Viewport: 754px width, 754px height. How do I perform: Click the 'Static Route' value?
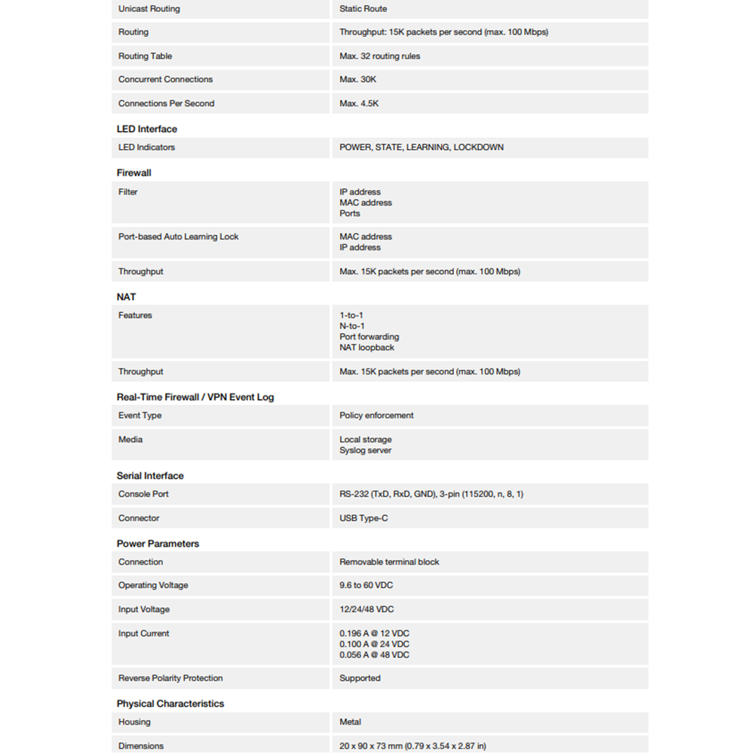pos(363,9)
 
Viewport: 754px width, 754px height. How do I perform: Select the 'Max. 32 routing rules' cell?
pos(379,56)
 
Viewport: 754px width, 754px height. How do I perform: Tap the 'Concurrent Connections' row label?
pos(165,79)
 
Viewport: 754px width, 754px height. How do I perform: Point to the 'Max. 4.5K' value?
pos(359,103)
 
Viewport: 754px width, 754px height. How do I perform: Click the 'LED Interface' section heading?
pos(147,129)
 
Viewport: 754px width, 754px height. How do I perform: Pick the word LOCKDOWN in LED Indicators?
pos(478,147)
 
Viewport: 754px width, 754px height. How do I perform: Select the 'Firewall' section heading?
pos(134,173)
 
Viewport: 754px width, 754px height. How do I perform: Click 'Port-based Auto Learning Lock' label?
pos(178,237)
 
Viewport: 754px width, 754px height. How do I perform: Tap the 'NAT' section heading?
pos(127,297)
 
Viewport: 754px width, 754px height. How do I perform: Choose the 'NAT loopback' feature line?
pos(366,348)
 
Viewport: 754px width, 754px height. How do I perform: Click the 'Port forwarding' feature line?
pos(369,337)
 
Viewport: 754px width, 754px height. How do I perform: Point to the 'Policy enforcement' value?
pos(376,415)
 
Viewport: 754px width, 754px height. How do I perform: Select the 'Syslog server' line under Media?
pos(366,450)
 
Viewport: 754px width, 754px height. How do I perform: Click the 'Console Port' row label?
pos(143,494)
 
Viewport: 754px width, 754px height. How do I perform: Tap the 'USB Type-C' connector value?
pos(363,518)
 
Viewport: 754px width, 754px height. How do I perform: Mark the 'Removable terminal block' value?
pos(389,562)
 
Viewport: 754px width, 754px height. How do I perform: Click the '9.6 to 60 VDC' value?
pos(366,585)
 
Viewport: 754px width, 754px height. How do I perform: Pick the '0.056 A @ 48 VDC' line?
pos(374,655)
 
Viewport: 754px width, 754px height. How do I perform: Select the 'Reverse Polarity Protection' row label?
pos(170,678)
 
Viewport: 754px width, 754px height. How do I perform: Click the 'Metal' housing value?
pos(351,722)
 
